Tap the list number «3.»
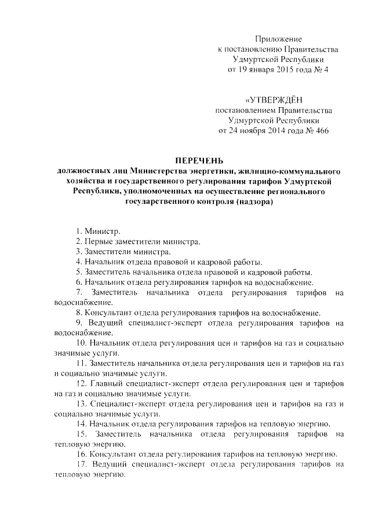[79, 252]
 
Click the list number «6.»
[79, 282]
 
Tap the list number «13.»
[82, 404]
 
